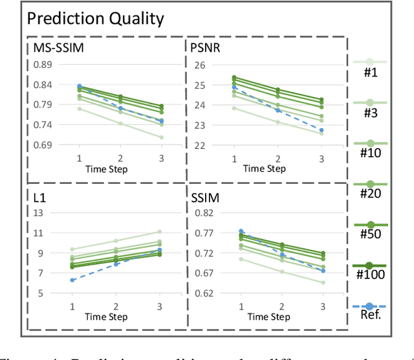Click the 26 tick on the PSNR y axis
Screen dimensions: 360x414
click(198, 65)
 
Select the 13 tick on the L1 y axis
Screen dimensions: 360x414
click(38, 213)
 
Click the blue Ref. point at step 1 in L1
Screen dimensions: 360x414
click(72, 280)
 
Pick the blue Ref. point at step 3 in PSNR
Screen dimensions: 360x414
click(321, 130)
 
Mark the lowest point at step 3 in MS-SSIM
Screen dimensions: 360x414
click(162, 137)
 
